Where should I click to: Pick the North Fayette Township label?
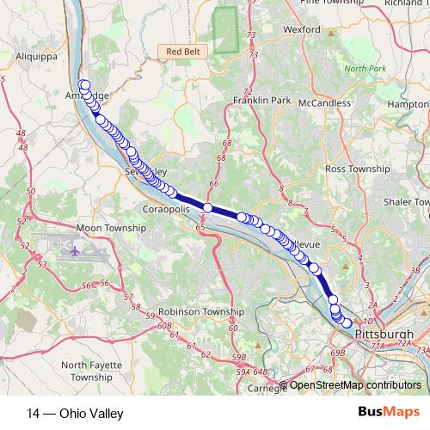tap(97, 371)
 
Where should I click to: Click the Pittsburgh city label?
tap(383, 334)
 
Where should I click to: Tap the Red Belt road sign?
tap(183, 52)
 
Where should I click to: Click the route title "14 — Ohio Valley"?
tap(75, 414)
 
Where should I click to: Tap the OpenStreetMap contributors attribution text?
tap(355, 385)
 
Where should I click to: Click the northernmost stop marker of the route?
tap(84, 84)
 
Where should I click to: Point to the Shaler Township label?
tap(408, 201)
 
